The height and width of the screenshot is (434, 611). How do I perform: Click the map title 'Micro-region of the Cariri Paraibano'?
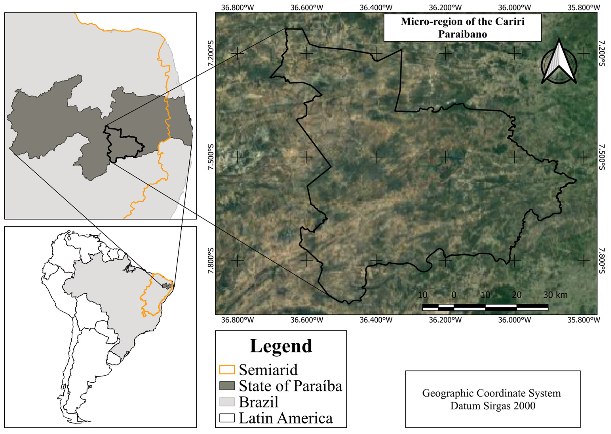pyautogui.click(x=462, y=27)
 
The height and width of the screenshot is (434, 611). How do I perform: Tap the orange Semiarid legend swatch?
pyautogui.click(x=227, y=370)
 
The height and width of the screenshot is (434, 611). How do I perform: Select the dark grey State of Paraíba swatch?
pyautogui.click(x=227, y=386)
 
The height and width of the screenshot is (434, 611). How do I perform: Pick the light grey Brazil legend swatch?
pyautogui.click(x=227, y=402)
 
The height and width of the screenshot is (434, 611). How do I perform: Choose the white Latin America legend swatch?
pyautogui.click(x=227, y=418)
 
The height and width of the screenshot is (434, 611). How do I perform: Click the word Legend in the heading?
pyautogui.click(x=281, y=346)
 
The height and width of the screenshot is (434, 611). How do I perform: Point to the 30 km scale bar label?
pyautogui.click(x=555, y=295)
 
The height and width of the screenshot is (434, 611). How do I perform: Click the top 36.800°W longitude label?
pyautogui.click(x=238, y=7)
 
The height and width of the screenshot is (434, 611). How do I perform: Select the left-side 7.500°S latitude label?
pyautogui.click(x=211, y=157)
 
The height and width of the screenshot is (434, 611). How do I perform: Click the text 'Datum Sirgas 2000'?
pyautogui.click(x=493, y=406)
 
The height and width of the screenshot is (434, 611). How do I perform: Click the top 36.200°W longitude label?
pyautogui.click(x=445, y=7)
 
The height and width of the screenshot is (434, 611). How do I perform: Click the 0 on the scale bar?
pyautogui.click(x=454, y=295)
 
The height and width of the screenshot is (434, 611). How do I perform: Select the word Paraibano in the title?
pyautogui.click(x=462, y=34)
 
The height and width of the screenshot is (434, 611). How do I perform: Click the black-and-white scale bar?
pyautogui.click(x=485, y=307)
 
